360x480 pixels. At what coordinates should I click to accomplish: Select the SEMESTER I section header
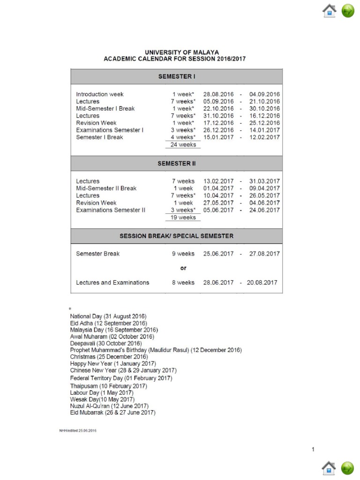click(x=176, y=76)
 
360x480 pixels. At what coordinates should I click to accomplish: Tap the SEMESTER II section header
click(x=176, y=164)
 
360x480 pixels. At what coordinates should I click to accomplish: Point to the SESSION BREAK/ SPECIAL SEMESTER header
click(x=176, y=236)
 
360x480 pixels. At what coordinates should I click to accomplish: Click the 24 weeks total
click(x=183, y=145)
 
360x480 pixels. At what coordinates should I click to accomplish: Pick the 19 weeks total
click(x=183, y=217)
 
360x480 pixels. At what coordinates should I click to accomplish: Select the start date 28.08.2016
click(x=218, y=94)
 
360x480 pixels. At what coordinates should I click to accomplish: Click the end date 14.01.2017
click(x=264, y=130)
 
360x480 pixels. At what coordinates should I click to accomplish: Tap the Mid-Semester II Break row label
click(x=106, y=188)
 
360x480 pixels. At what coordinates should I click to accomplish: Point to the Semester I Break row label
click(x=99, y=137)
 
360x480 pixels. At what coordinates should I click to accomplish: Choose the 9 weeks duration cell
click(x=183, y=254)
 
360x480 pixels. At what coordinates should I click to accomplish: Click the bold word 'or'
click(x=183, y=268)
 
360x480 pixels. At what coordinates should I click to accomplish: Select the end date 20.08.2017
click(x=262, y=283)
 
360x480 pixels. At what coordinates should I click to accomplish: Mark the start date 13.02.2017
click(x=218, y=181)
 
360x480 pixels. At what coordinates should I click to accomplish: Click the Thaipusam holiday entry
click(x=108, y=386)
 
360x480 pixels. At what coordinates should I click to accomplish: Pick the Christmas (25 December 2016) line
click(x=109, y=357)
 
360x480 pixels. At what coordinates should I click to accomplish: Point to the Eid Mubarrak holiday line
click(x=112, y=412)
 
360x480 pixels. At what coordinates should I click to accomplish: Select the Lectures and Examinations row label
click(x=112, y=283)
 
